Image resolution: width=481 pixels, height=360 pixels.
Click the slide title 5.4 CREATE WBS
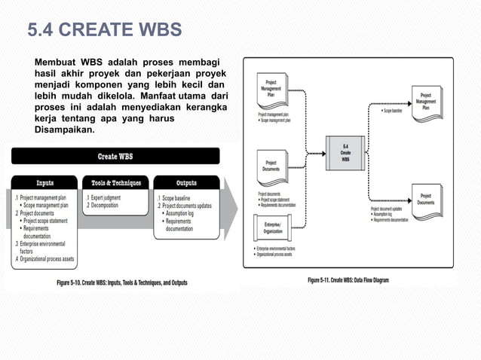(x=104, y=31)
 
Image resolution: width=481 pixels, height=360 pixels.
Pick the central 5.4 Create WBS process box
(x=345, y=152)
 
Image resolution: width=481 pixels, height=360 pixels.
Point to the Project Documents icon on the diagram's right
(x=426, y=197)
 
